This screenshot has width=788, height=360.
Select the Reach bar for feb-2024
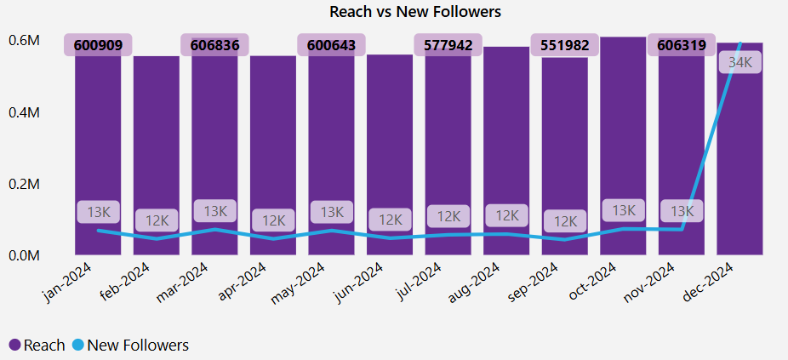coord(156,153)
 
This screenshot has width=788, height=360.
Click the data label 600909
coord(98,45)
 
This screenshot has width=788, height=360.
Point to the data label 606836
coord(214,45)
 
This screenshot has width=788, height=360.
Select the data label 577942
coord(448,45)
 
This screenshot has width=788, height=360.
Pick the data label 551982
coord(565,45)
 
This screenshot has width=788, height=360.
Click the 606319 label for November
coord(682,45)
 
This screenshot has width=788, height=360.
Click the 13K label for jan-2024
coord(98,211)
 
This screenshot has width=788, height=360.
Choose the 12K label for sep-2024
coord(565,221)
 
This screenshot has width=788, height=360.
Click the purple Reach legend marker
coord(14,345)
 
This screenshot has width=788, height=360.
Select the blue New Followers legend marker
coord(77,345)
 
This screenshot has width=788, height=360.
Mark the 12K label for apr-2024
coord(273,220)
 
